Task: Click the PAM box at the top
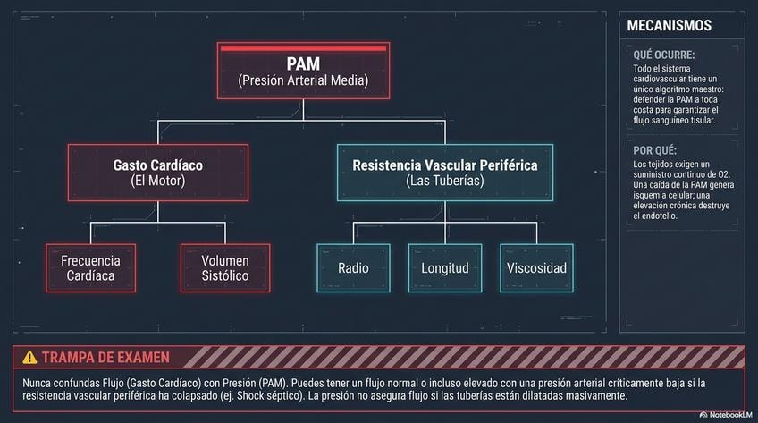303,71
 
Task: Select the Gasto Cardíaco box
158,173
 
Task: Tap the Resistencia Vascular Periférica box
445,173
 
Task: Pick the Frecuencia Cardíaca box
90,267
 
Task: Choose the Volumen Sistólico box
225,267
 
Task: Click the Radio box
353,267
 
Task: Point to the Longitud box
445,267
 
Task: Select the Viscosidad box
536,267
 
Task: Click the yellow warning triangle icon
29,357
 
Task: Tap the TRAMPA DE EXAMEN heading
105,358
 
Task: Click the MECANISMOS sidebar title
669,26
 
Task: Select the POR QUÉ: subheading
655,150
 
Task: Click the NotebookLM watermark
726,415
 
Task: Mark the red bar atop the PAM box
303,48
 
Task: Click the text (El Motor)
158,181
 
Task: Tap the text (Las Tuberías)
445,181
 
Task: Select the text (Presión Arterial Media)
303,80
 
